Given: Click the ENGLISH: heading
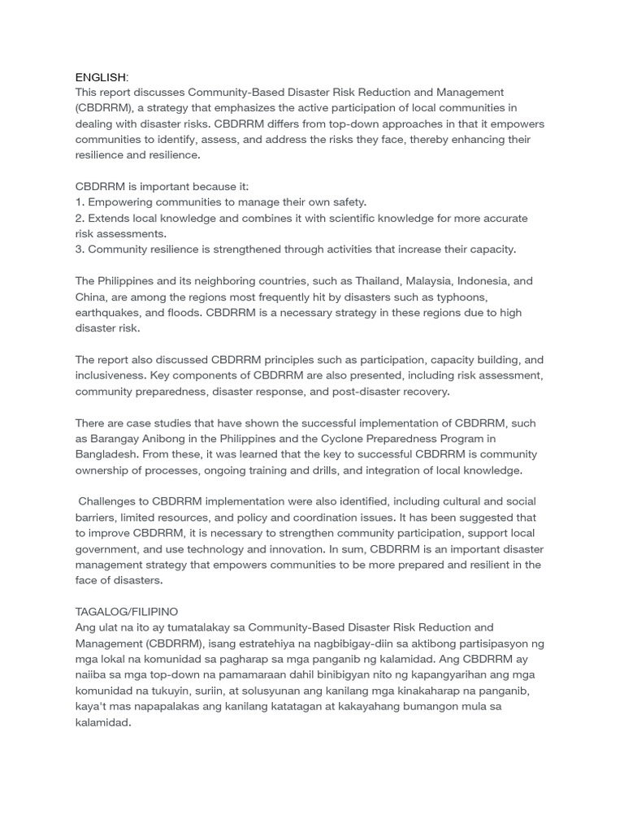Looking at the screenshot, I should tap(102, 77).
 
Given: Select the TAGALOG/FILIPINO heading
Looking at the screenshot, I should tap(127, 611).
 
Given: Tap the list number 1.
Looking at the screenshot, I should tap(79, 202).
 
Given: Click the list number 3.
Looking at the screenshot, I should tap(79, 249).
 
